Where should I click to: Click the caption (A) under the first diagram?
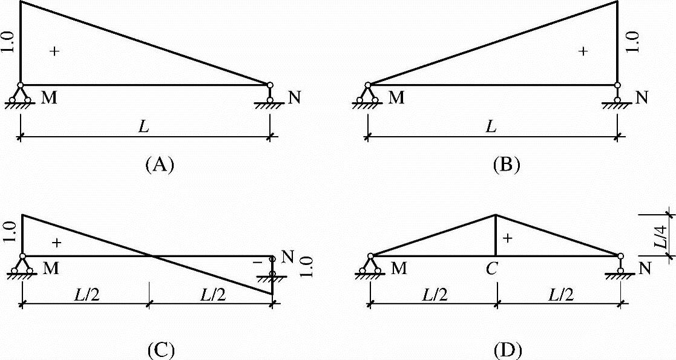(x=160, y=165)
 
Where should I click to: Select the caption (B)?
(x=505, y=165)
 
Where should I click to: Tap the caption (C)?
(x=160, y=349)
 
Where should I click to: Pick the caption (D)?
(x=505, y=349)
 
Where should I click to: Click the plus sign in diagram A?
(x=54, y=52)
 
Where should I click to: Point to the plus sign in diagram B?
(x=583, y=52)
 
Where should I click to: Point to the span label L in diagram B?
(x=492, y=127)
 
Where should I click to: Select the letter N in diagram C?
(x=287, y=258)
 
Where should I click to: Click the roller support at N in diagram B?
(x=617, y=96)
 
